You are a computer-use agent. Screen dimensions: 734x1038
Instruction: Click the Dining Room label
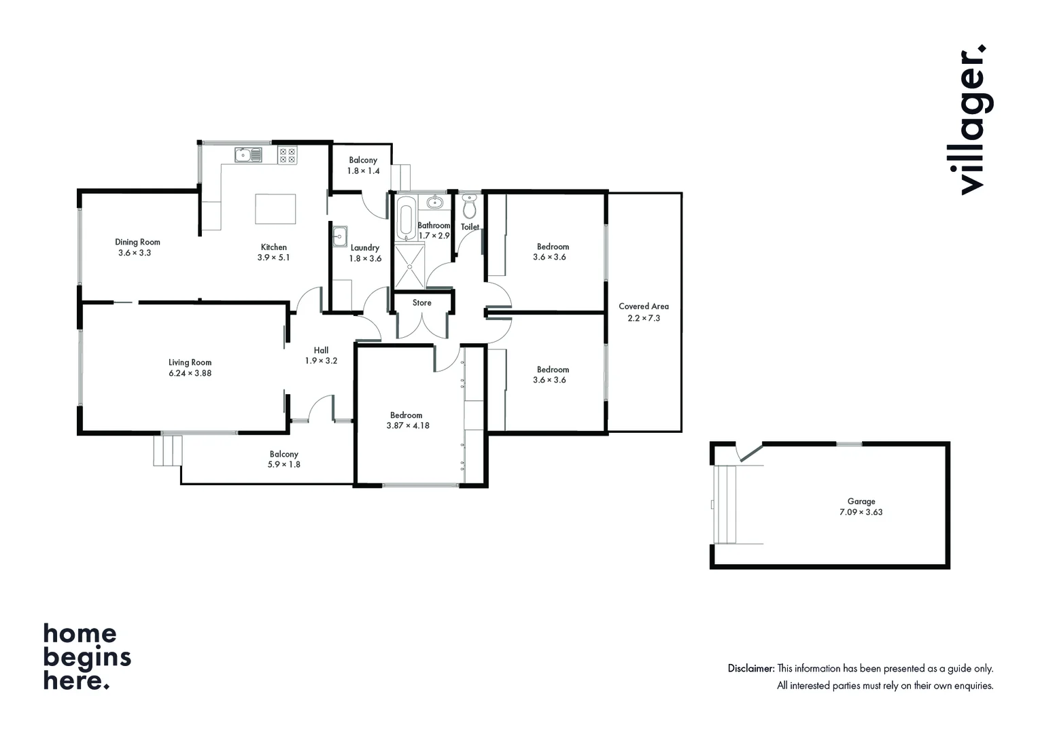[x=137, y=242]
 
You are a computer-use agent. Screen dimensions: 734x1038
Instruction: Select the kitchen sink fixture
[x=248, y=155]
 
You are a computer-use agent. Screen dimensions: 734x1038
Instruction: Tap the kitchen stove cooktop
[x=287, y=156]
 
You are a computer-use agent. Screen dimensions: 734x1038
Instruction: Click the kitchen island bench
[x=275, y=209]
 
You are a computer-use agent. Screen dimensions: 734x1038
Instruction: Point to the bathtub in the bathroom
[x=406, y=217]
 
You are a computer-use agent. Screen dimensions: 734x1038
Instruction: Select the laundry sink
[x=339, y=237]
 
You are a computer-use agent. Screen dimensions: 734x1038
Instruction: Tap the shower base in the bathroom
[x=410, y=267]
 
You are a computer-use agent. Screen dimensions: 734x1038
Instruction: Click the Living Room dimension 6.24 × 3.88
[x=190, y=373]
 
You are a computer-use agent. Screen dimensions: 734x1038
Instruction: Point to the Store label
[x=421, y=303]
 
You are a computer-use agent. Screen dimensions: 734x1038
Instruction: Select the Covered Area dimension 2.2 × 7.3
[x=643, y=318]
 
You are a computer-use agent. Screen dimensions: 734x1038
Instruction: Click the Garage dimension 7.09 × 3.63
[x=861, y=512]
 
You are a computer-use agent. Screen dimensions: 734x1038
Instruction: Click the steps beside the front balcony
[x=168, y=451]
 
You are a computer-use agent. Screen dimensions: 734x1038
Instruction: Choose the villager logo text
[x=972, y=120]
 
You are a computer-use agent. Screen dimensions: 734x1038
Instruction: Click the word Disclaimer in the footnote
[x=750, y=669]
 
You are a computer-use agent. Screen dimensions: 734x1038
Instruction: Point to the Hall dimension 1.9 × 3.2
[x=321, y=361]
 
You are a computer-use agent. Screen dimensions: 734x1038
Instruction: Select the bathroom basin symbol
[x=434, y=202]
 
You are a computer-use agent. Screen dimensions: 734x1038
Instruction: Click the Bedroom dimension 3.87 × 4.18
[x=407, y=426]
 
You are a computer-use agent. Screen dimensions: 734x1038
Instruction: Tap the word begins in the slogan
[x=87, y=657]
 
